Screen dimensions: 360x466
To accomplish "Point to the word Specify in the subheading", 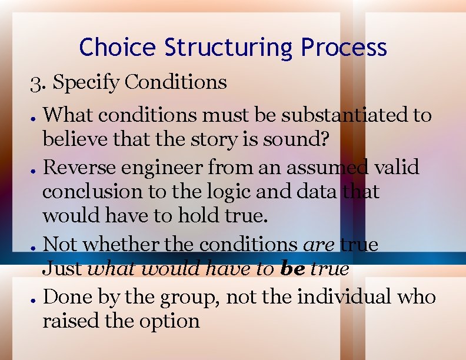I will (86, 82).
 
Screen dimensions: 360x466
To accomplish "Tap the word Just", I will (63, 269).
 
